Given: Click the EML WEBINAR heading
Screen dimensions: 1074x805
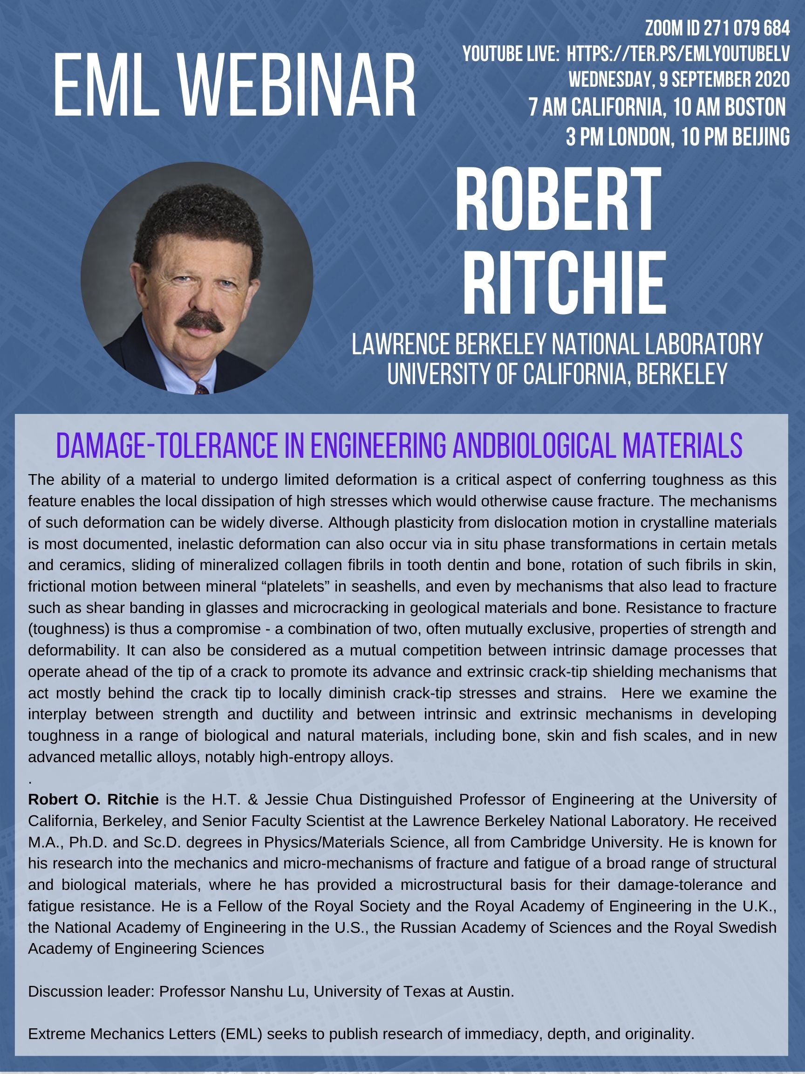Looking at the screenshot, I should click(234, 87).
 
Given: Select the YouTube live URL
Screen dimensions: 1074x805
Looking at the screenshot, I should click(678, 55).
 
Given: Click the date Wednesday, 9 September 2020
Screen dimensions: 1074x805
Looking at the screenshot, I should click(679, 80).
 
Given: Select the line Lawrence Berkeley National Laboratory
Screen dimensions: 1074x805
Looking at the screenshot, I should click(557, 344).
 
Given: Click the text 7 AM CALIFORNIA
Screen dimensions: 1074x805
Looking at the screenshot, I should click(596, 108).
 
